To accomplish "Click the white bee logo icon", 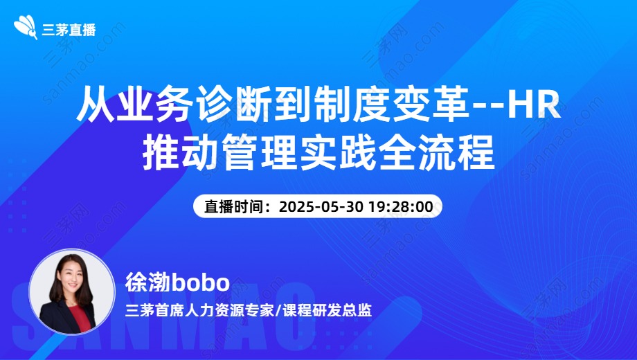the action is (x=26, y=27).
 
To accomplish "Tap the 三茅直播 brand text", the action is (x=69, y=30).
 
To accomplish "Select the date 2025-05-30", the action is (x=321, y=206).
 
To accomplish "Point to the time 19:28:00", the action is (x=401, y=206).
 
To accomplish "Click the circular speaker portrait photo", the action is (x=72, y=291).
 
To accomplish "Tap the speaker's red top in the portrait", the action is (x=79, y=318).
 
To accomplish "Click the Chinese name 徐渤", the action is (x=148, y=282).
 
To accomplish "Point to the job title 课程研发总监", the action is (x=327, y=311).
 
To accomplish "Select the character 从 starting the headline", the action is (x=95, y=105).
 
